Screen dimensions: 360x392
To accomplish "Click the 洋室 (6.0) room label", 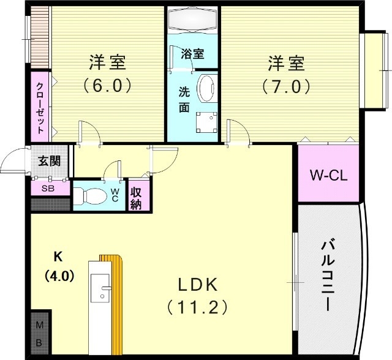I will click(x=108, y=62).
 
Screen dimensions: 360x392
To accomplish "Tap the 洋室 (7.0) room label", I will click(x=285, y=62).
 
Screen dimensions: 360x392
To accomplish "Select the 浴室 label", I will click(x=192, y=54).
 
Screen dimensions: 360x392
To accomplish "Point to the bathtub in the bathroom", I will click(x=193, y=21).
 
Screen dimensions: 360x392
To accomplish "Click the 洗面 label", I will click(x=184, y=100).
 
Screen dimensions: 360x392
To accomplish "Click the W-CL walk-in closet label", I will click(x=328, y=176).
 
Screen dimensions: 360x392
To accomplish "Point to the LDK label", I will click(x=198, y=285).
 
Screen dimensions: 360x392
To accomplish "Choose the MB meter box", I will click(x=39, y=333).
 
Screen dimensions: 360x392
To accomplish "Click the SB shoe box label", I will click(x=47, y=189).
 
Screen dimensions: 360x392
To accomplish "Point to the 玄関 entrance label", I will click(x=48, y=162).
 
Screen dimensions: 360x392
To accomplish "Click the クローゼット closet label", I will click(x=40, y=108).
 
